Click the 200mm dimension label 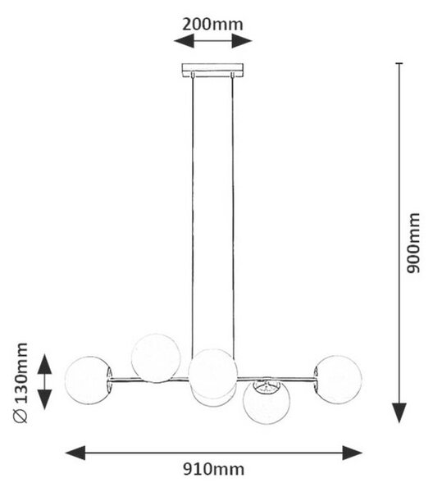[x=212, y=25]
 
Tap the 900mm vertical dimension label [x=413, y=244]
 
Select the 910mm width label [x=214, y=470]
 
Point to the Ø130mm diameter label [x=21, y=383]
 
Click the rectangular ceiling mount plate [x=212, y=71]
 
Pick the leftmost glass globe [x=89, y=380]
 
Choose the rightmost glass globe [x=338, y=380]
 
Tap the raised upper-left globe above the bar [x=156, y=358]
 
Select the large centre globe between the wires [x=212, y=374]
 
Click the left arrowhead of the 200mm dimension [x=184, y=41]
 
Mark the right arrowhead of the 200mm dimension [x=242, y=41]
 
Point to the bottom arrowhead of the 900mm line [x=399, y=413]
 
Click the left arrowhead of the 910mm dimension [x=75, y=453]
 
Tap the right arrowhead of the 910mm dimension [x=353, y=453]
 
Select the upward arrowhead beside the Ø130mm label [x=44, y=364]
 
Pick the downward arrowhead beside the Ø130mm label [x=44, y=399]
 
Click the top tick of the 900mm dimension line [x=399, y=63]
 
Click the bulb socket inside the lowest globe [x=267, y=386]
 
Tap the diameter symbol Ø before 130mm [x=21, y=417]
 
